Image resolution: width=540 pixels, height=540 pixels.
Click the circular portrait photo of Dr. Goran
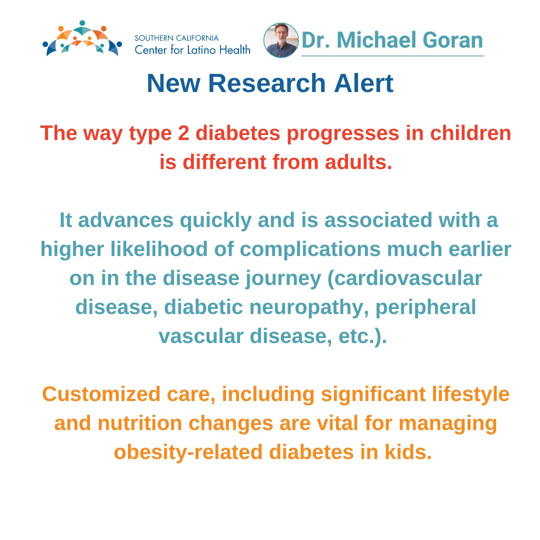281,40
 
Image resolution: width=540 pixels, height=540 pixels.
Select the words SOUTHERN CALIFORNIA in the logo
176,38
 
